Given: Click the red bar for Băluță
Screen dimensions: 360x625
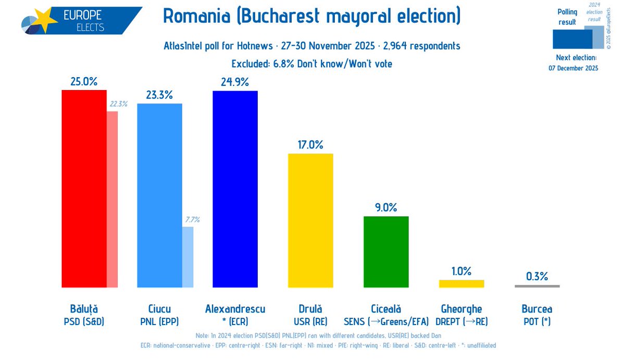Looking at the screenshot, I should [x=84, y=189].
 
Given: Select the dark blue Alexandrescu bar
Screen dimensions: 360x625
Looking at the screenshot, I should [x=235, y=189].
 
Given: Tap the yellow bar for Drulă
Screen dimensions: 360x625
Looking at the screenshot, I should [x=310, y=220].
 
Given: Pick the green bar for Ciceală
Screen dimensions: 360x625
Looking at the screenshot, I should [x=386, y=252].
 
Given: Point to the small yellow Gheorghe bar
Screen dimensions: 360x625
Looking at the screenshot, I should [x=461, y=283].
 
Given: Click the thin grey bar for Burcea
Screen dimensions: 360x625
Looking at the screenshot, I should [x=537, y=286].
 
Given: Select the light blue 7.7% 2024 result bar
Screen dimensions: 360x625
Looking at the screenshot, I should [x=187, y=257].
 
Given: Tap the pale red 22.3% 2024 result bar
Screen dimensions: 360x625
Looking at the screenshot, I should [x=112, y=199].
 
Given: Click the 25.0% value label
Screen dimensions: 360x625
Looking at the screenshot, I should [x=84, y=82].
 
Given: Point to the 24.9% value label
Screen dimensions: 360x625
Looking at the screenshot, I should [x=235, y=82].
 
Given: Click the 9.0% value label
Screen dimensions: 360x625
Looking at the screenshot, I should [x=386, y=207].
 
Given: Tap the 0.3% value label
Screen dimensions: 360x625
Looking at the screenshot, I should [x=537, y=277].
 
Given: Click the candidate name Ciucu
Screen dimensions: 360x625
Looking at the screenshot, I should [x=159, y=309].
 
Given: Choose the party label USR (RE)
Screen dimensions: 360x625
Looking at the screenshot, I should [x=310, y=321].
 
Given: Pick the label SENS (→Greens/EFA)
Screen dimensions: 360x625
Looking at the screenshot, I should [x=386, y=321].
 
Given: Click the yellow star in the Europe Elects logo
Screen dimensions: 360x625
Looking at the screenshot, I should [x=45, y=19].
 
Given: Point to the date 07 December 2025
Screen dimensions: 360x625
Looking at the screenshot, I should [x=573, y=68].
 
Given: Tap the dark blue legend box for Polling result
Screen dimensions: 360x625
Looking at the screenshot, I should [x=572, y=39].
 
